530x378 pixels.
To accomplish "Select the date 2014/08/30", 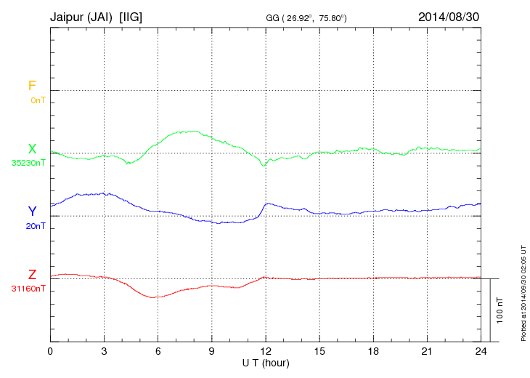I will [x=449, y=16].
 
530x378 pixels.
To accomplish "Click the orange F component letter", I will [x=32, y=87].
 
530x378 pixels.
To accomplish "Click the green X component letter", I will [x=32, y=149].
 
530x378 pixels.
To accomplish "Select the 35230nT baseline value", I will [x=28, y=162].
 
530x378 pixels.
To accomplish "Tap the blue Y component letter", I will [x=32, y=212].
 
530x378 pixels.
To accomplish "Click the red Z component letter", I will [x=32, y=275].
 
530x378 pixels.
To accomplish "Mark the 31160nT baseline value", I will [x=28, y=288].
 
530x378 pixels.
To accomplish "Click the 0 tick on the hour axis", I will [x=50, y=351].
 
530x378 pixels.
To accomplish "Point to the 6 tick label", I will [x=158, y=351].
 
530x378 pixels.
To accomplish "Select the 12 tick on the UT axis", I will [x=266, y=351].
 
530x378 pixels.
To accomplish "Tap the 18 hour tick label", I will [x=373, y=351].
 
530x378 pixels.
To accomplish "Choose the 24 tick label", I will [x=481, y=351].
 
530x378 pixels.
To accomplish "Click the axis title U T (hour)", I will [x=266, y=362].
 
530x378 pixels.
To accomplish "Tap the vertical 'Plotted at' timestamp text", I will [x=523, y=291].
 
